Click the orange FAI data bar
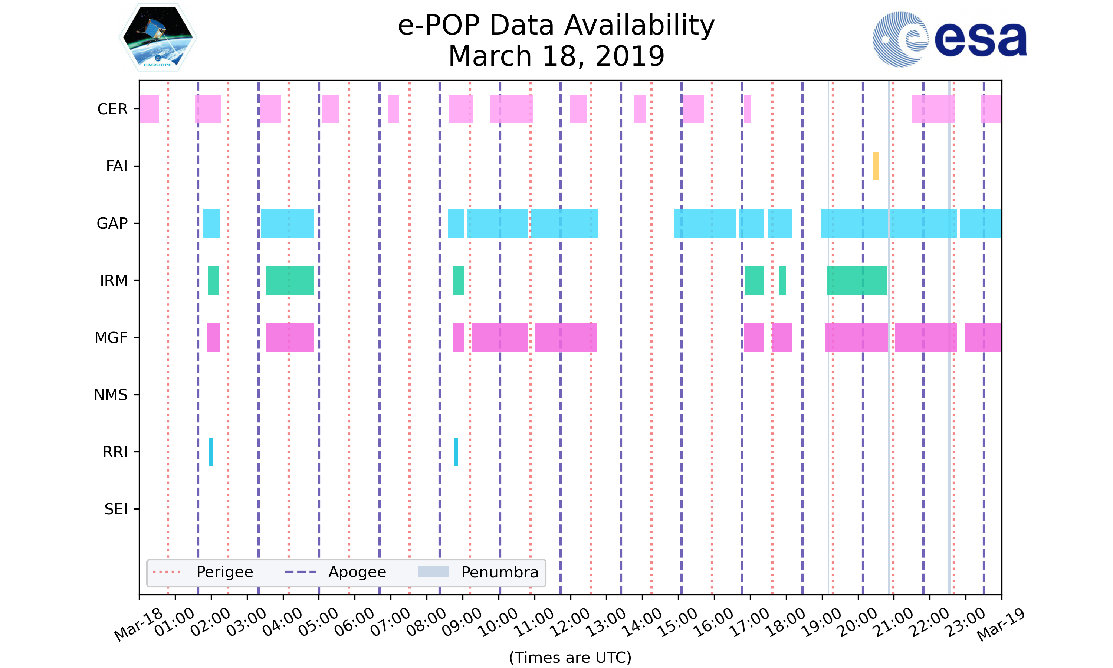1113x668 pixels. pos(876,166)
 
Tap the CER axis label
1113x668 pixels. pos(112,109)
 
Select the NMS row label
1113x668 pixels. pos(111,395)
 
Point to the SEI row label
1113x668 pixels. pos(116,509)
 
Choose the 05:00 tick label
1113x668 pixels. pos(318,622)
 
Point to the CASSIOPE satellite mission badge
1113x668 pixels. pos(158,38)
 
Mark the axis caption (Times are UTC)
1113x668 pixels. pos(570,657)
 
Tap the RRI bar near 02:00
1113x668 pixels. pos(211,452)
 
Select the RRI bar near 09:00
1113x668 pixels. pos(456,452)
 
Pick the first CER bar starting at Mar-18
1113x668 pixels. pos(149,109)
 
